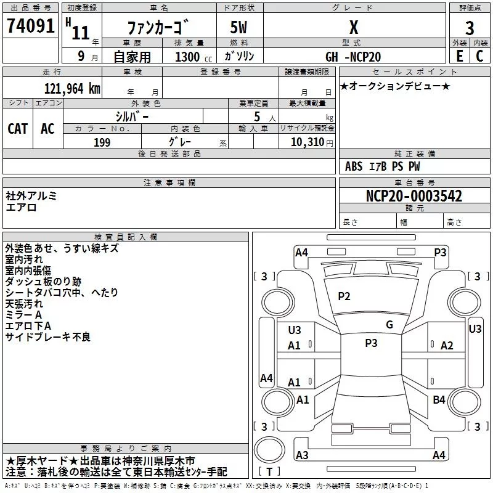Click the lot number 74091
coord(30,28)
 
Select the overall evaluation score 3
coord(470,28)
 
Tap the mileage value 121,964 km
coord(71,89)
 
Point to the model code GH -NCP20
coord(354,57)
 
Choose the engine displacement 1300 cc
coord(191,57)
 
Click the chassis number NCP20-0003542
coord(414,197)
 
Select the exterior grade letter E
coord(459,57)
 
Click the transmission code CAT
coord(18,128)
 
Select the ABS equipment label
coord(354,166)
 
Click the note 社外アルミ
coord(31,196)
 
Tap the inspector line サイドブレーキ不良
coord(48,336)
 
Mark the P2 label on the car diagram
coord(344,296)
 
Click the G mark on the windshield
coord(389,325)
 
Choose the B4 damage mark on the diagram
coord(439,400)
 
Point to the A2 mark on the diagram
coord(447,346)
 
